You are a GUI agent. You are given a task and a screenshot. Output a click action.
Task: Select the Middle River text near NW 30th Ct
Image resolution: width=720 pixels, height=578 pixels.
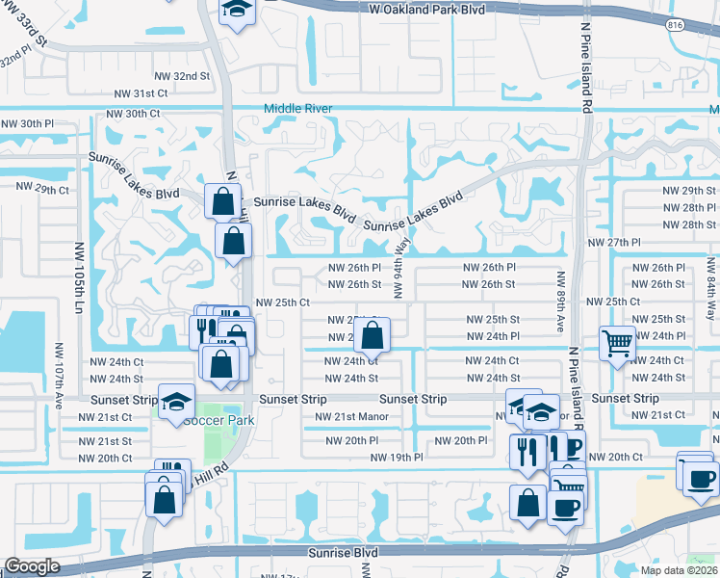pos(298,109)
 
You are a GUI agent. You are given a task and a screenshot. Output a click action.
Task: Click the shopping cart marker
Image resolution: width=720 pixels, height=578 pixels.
pos(617,342)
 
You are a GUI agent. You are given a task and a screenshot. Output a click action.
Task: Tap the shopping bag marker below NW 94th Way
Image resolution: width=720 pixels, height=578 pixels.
pos(373,336)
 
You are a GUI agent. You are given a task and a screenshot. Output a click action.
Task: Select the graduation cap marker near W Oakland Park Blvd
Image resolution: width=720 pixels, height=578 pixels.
pos(234,11)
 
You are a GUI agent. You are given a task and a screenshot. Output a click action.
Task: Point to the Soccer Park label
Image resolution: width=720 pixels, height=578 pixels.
pos(218,421)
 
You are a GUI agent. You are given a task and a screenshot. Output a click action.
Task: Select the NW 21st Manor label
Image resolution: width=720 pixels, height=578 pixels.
pos(350,417)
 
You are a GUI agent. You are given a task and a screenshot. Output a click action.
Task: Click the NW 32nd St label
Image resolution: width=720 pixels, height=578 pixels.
pos(182,76)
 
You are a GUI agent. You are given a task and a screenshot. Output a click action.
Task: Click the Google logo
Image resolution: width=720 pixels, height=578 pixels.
pos(32,565)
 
